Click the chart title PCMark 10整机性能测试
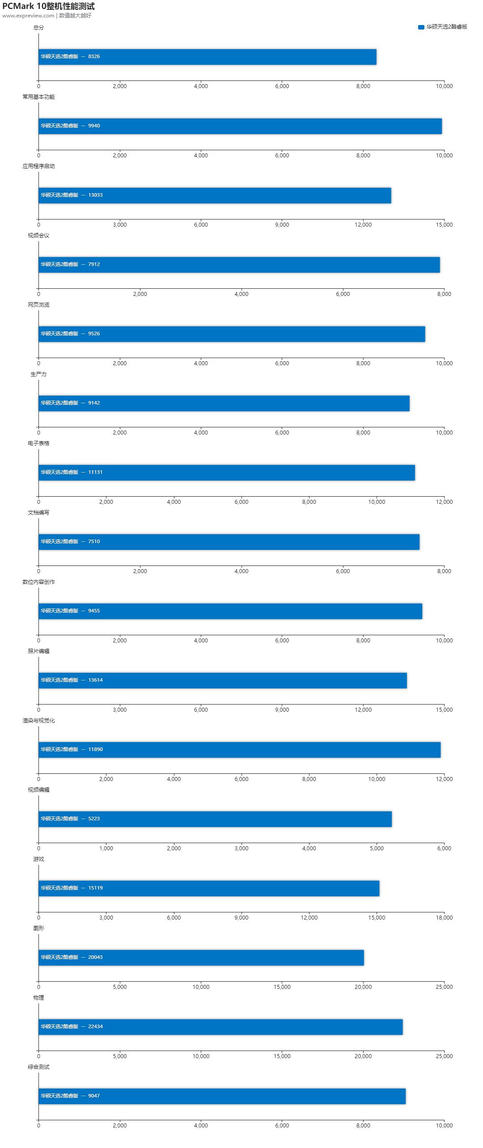(48, 6)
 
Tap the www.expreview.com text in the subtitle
(28, 16)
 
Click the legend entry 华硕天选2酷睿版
(443, 27)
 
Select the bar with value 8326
(207, 57)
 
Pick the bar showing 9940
(240, 126)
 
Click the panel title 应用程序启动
(38, 166)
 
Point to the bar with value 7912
(239, 265)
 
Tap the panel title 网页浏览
(38, 305)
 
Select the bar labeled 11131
(226, 473)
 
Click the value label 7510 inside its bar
(94, 541)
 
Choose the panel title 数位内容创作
(38, 582)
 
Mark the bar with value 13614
(222, 680)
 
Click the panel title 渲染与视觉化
(38, 721)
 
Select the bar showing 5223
(215, 819)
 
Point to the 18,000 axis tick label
(444, 918)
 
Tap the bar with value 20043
(201, 958)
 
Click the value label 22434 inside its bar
(95, 1026)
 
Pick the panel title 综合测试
(38, 1067)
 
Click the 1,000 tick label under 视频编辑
(106, 848)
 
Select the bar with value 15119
(208, 888)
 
